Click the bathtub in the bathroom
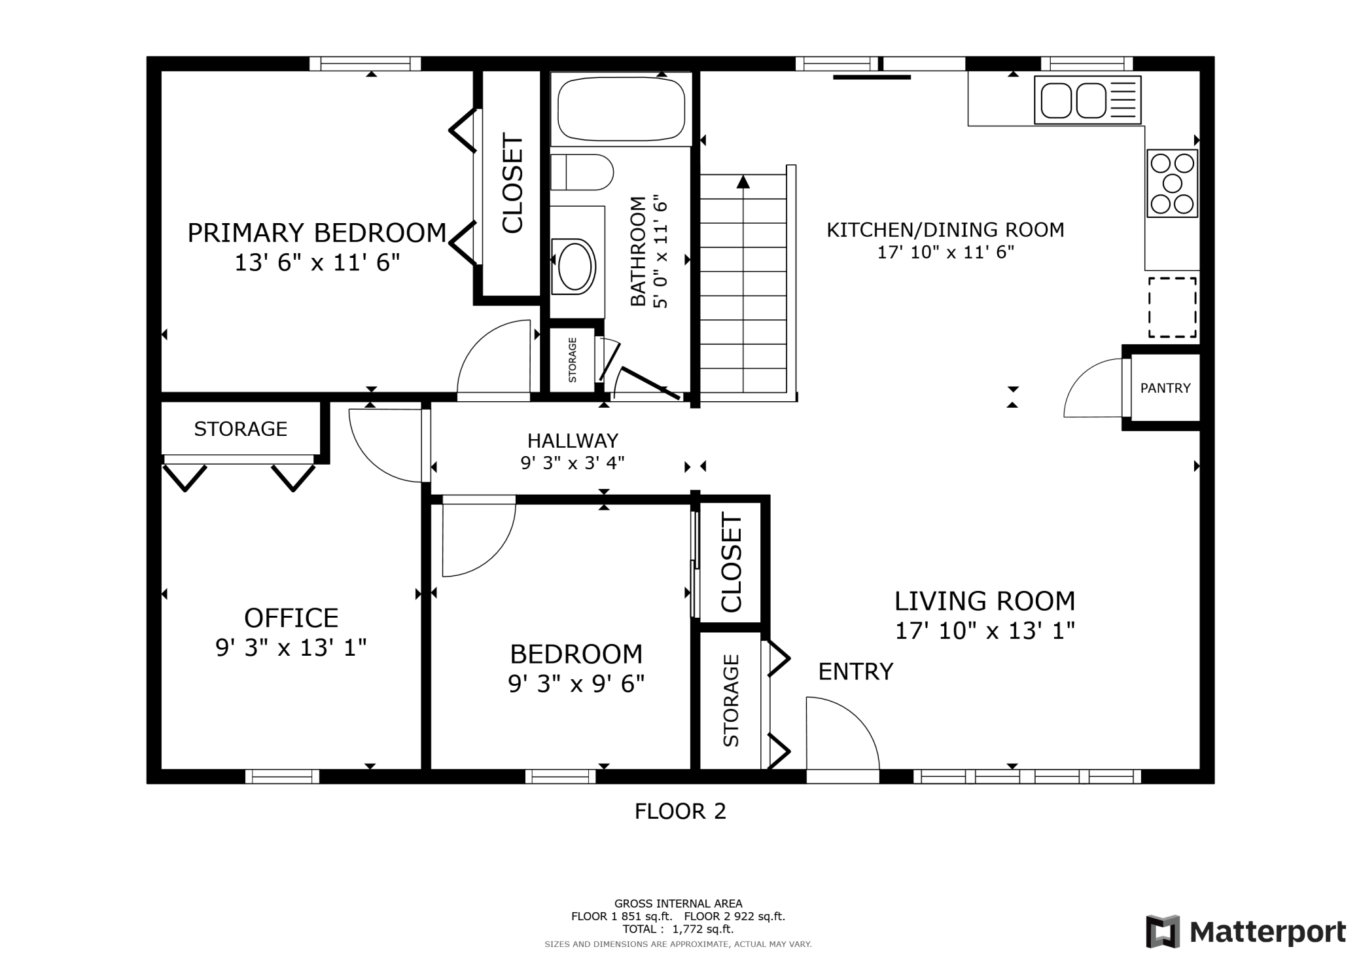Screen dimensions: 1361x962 point(621,109)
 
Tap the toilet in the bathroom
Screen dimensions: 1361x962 point(582,172)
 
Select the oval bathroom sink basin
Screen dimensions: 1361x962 point(574,265)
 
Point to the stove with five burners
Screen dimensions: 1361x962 point(1172,183)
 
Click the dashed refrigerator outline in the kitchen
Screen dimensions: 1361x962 point(1173,307)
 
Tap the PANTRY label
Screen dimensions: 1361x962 point(1165,388)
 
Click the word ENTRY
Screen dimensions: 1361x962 point(856,671)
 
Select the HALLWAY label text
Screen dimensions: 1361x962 point(573,440)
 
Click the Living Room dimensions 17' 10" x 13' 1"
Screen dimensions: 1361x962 point(985,631)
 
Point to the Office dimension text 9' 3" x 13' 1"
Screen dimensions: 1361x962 point(291,647)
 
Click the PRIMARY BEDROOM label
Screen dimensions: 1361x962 point(317,233)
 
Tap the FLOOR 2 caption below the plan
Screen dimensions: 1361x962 point(680,811)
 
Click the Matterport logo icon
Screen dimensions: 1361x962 point(1163,931)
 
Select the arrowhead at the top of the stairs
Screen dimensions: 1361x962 point(743,181)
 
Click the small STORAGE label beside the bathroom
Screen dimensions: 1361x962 point(573,360)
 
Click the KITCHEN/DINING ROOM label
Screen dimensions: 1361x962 point(946,230)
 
